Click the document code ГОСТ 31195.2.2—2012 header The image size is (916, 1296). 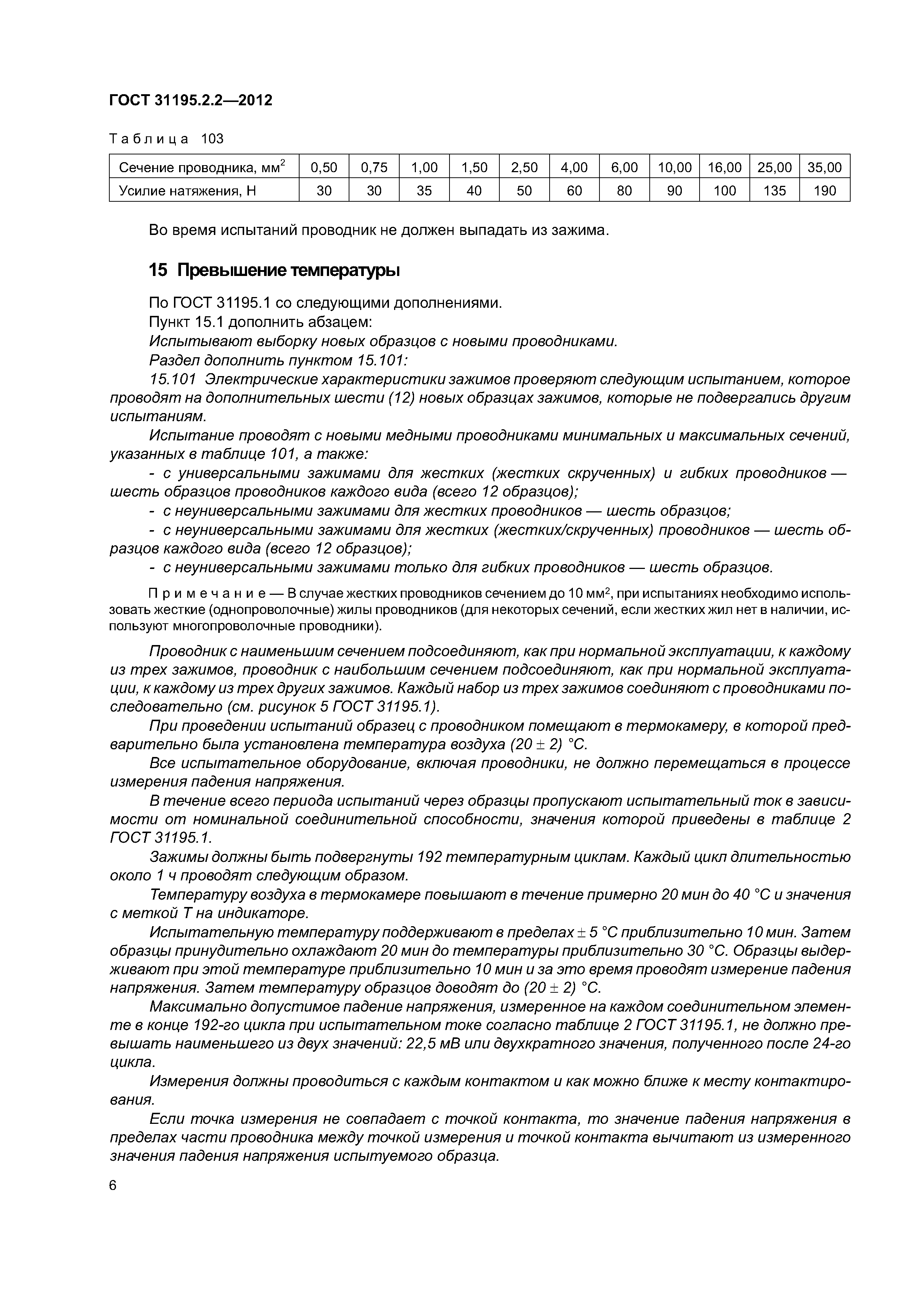(x=190, y=100)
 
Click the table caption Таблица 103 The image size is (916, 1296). (x=167, y=139)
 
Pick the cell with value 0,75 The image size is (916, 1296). (x=374, y=167)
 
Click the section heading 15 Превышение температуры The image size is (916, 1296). (x=274, y=271)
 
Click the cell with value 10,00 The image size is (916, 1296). (x=674, y=167)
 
